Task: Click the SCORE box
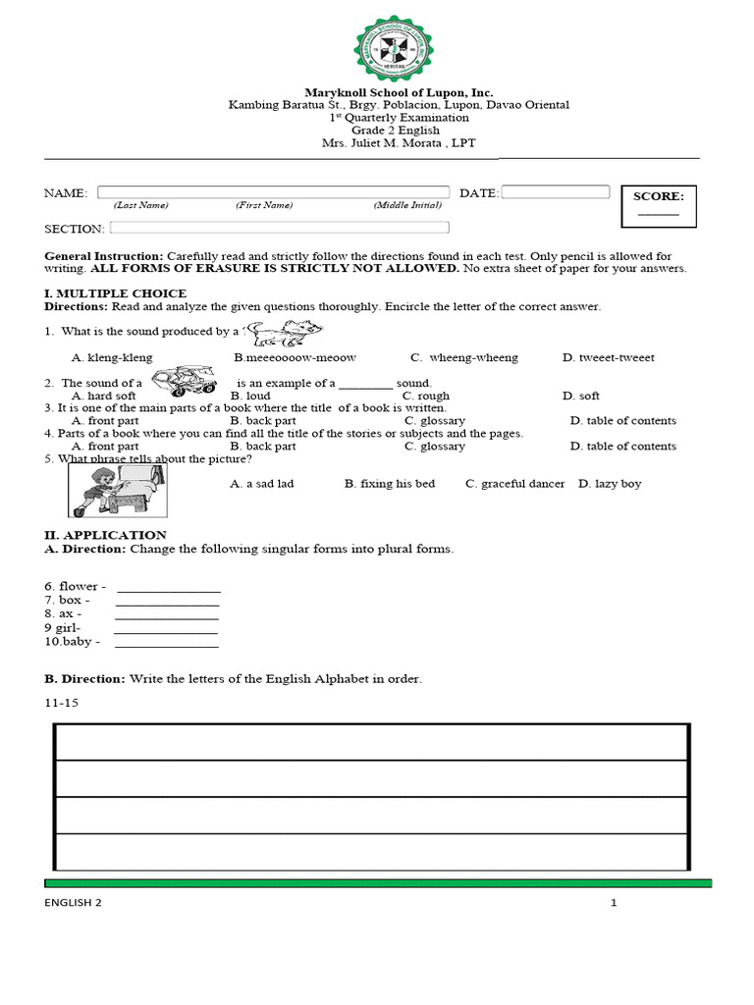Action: pos(658,205)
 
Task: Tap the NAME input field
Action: pos(273,192)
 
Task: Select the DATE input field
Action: pos(556,192)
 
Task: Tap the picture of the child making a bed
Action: pos(117,490)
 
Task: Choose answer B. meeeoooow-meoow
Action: pos(295,358)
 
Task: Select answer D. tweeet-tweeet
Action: pos(608,358)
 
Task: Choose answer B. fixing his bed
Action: pos(390,484)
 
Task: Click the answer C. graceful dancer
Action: pos(515,484)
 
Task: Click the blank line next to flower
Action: pos(169,588)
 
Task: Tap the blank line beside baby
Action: pos(167,643)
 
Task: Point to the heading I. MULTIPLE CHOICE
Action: pos(116,293)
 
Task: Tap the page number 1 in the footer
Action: pos(614,904)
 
